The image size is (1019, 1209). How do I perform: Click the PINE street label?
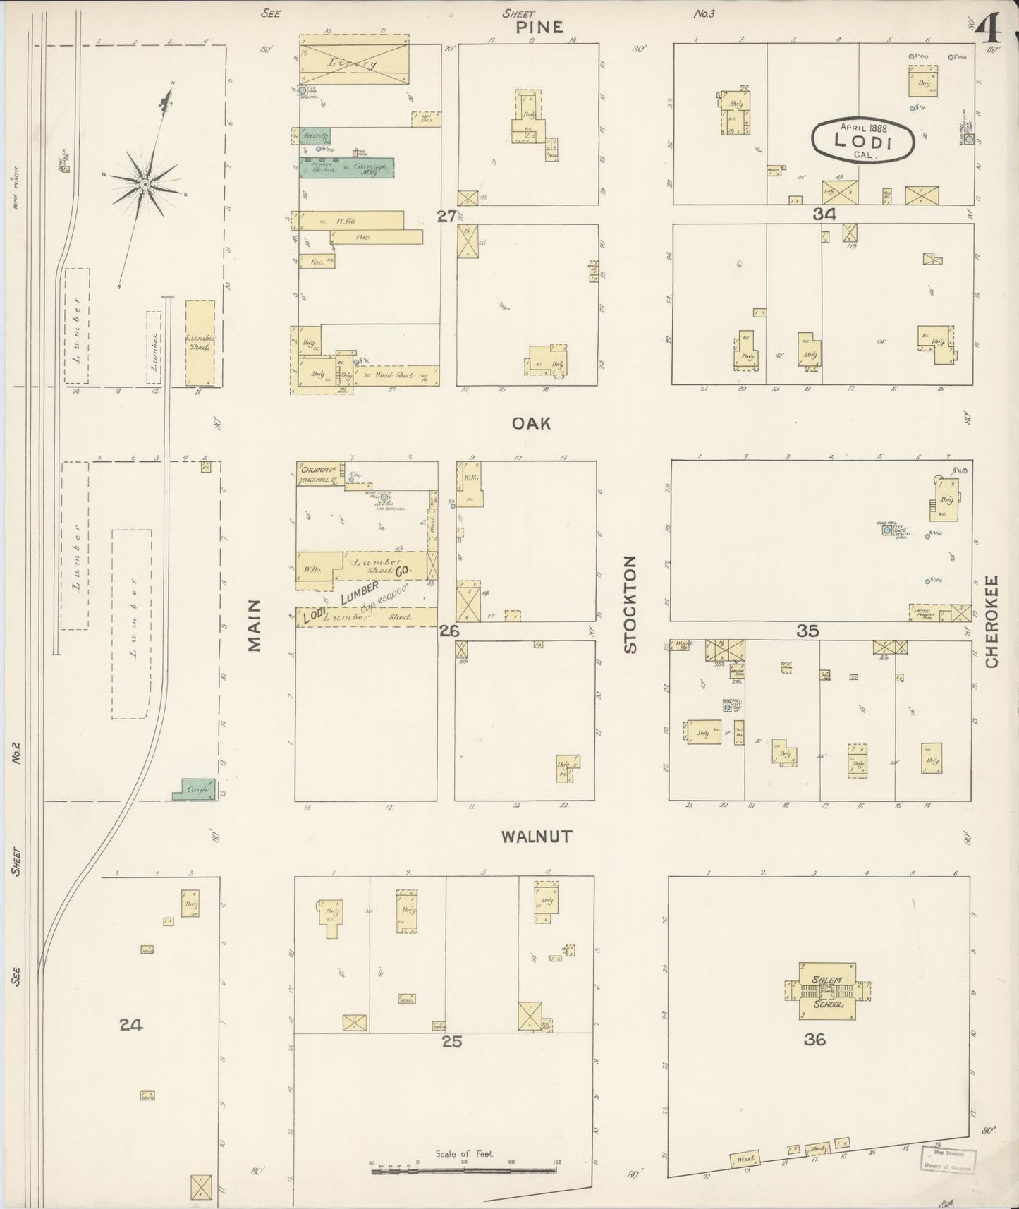tap(539, 28)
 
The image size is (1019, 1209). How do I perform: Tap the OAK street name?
tap(531, 423)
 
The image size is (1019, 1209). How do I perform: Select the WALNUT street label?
tap(537, 837)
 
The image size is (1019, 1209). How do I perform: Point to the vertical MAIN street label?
tap(255, 625)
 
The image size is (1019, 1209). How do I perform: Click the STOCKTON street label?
tap(630, 604)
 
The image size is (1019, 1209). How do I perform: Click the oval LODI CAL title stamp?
tap(862, 140)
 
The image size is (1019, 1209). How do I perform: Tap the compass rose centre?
tap(145, 185)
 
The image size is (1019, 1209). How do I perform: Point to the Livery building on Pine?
tap(353, 63)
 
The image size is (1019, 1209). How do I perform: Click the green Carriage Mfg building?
tap(347, 168)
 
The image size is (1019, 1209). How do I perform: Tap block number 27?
tap(446, 217)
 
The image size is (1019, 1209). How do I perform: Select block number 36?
tap(814, 1040)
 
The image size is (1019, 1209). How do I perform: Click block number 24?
tap(131, 1025)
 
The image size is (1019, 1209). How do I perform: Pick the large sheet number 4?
tap(991, 29)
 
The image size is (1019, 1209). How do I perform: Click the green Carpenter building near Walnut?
tap(195, 790)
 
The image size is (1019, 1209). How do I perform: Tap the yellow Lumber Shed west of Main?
tap(200, 343)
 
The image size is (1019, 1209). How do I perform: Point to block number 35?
tap(807, 631)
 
